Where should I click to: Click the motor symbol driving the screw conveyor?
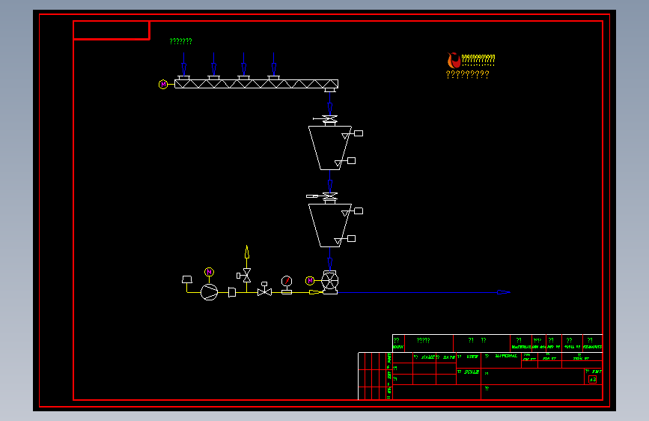pos(163,85)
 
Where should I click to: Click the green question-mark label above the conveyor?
pos(180,42)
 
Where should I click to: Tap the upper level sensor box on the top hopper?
pos(358,133)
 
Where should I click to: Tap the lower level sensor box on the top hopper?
pos(351,161)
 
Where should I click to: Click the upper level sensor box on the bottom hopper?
pos(358,211)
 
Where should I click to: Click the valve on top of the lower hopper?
pos(329,196)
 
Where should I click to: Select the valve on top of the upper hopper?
pos(329,119)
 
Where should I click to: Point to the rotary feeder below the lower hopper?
pos(329,282)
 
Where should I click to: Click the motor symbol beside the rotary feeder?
pos(310,281)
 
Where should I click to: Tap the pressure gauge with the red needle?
pos(286,281)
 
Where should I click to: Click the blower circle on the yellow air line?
pos(209,291)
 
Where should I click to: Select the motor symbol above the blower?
pos(209,271)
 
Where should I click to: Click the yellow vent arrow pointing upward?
pos(246,252)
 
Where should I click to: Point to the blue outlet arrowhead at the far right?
pos(503,292)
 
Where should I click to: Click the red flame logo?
pos(453,60)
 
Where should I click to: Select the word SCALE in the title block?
pos(471,372)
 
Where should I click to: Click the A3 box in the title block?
pos(592,380)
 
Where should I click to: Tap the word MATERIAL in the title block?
pos(506,357)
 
